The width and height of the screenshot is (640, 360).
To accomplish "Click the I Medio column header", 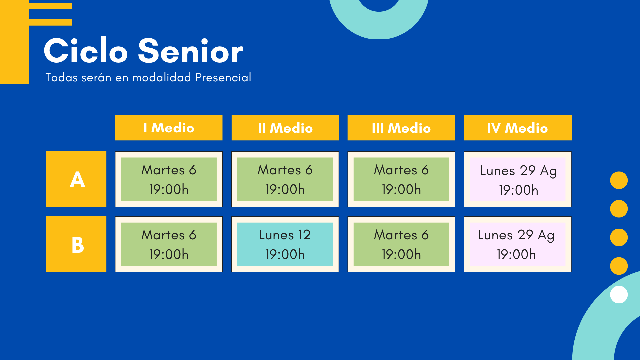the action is pyautogui.click(x=169, y=128).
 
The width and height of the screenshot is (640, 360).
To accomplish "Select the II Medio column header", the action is pyautogui.click(x=285, y=128).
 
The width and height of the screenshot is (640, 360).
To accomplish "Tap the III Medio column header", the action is pyautogui.click(x=401, y=128).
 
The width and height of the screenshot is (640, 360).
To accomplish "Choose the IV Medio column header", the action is pyautogui.click(x=518, y=128).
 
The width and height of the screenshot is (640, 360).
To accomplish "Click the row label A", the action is pyautogui.click(x=76, y=179).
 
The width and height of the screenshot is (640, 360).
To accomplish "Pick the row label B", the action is pyautogui.click(x=76, y=244).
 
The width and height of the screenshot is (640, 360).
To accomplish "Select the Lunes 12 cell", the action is pyautogui.click(x=285, y=244).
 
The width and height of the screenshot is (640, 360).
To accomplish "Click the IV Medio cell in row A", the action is pyautogui.click(x=518, y=179).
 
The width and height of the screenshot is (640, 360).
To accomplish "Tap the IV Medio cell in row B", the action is pyautogui.click(x=518, y=244).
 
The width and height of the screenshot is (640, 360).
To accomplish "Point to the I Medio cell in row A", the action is pyautogui.click(x=169, y=179).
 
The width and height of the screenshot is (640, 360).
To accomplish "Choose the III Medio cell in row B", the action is pyautogui.click(x=401, y=244).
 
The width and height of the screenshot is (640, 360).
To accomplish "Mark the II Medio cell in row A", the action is pyautogui.click(x=285, y=179).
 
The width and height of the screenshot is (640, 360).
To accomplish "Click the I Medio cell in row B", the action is pyautogui.click(x=169, y=244).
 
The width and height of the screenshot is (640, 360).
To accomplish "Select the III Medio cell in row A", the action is pyautogui.click(x=401, y=179).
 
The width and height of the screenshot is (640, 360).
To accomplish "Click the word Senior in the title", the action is pyautogui.click(x=191, y=51).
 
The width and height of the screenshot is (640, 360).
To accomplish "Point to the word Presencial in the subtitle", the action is pyautogui.click(x=223, y=77).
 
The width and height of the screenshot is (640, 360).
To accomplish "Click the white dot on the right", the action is pyautogui.click(x=619, y=295).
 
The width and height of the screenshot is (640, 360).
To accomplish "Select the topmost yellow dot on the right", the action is pyautogui.click(x=619, y=180).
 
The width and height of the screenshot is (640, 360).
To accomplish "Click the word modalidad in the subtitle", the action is pyautogui.click(x=162, y=77).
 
